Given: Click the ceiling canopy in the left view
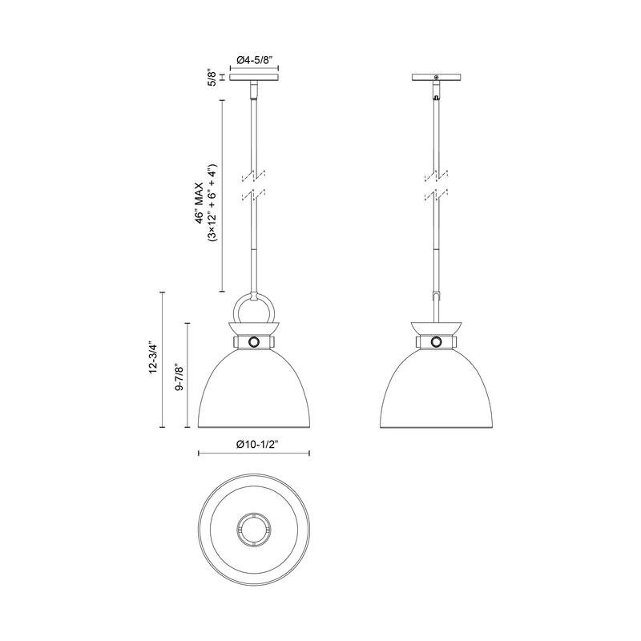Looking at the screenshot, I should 254,79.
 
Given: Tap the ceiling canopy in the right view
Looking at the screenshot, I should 436,79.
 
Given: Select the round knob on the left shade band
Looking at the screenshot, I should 254,342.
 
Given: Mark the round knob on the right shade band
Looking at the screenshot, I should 436,342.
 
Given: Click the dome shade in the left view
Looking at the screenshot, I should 254,389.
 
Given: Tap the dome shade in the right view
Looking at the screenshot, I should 436,389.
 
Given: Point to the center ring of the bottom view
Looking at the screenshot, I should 254,530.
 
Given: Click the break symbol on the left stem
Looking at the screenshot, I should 254,184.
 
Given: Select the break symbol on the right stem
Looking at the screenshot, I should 436,184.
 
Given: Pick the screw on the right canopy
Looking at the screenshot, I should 436,77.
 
